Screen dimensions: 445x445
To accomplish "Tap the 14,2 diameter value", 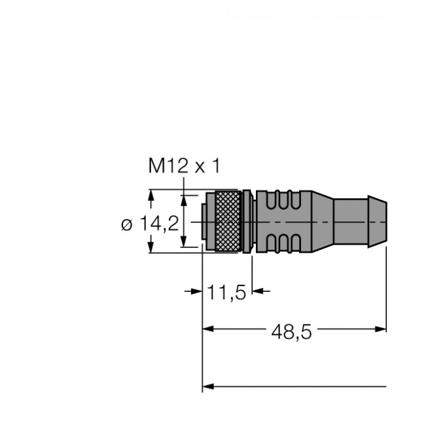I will click(160, 224).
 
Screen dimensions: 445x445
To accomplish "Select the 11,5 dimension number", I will click(227, 293).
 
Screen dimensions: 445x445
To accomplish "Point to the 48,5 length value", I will click(292, 333).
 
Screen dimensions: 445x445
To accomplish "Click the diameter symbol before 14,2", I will click(127, 224).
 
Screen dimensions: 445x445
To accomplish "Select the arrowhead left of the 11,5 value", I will click(197, 291).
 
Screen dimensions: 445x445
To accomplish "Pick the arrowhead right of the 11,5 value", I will click(256, 291).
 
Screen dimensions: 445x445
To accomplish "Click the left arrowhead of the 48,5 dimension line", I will click(207, 329).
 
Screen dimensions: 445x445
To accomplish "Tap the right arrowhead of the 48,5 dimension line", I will click(382, 329).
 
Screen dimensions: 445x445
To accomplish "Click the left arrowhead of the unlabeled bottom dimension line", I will click(207, 386).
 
